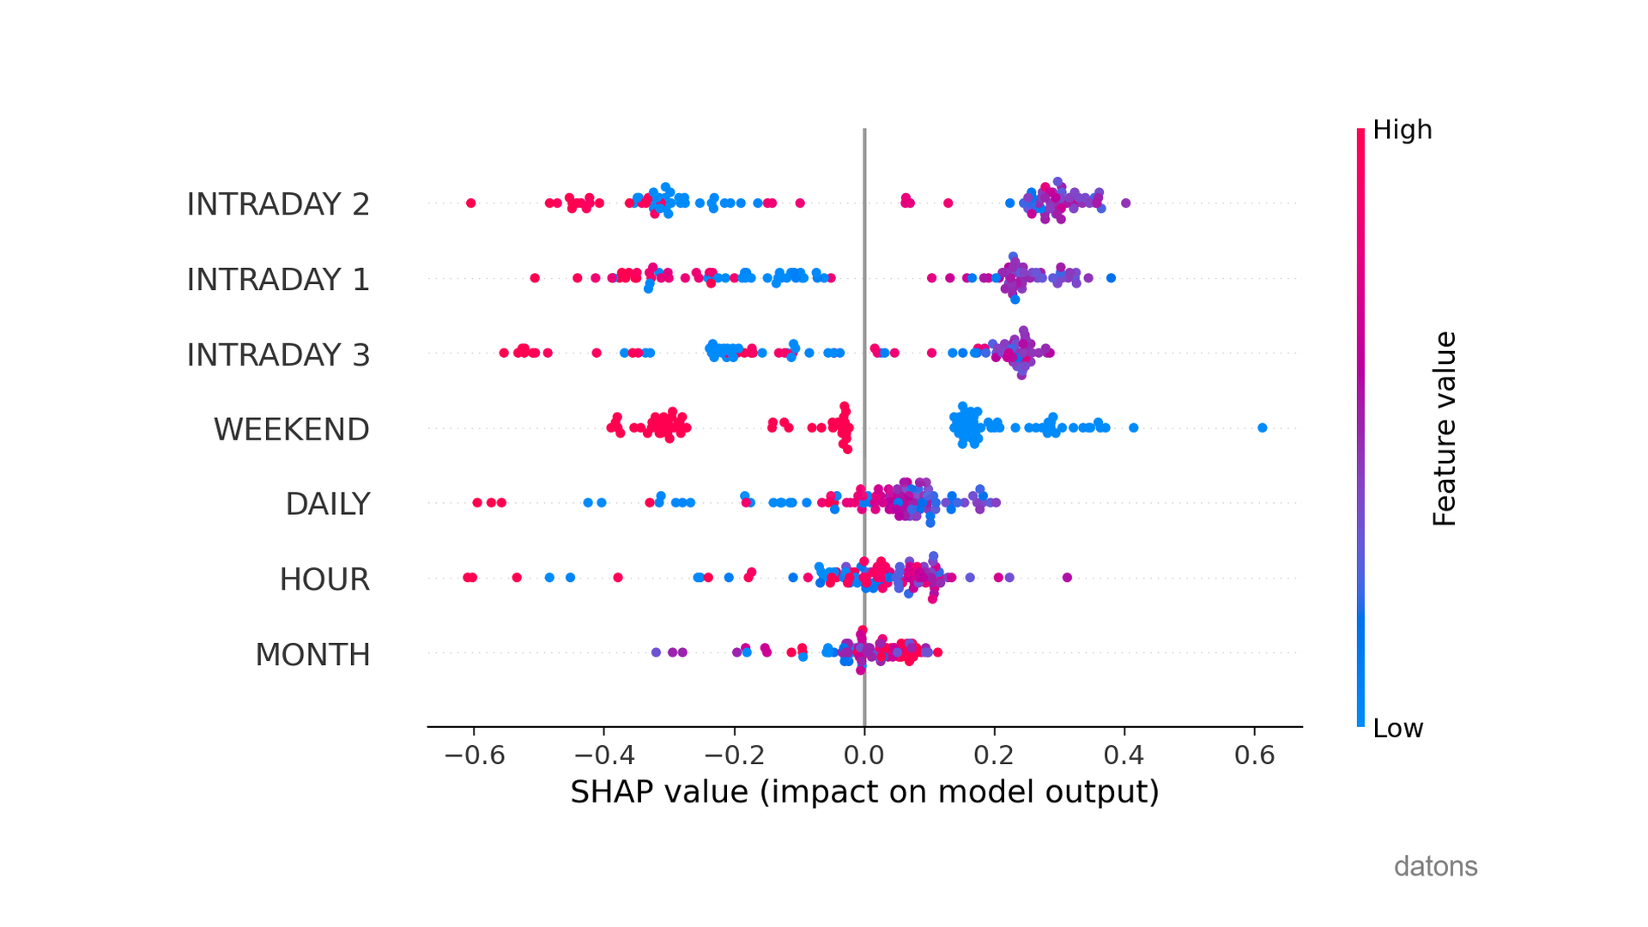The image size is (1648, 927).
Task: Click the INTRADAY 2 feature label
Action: tap(278, 204)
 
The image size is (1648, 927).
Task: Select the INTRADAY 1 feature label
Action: tap(278, 280)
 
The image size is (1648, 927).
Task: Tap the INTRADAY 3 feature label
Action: tap(278, 354)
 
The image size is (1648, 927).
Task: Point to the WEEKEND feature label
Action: tap(291, 429)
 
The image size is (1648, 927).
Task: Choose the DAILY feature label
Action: tap(327, 504)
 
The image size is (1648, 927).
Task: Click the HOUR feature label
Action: tap(324, 579)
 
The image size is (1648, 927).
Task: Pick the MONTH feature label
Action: tap(312, 655)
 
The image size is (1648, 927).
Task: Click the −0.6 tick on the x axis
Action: tap(474, 755)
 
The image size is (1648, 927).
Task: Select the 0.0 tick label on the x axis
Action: tap(863, 755)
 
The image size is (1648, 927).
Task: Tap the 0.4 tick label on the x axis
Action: tap(1124, 755)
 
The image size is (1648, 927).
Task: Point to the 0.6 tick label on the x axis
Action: tap(1255, 755)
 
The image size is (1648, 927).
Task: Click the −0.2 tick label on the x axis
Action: tap(734, 755)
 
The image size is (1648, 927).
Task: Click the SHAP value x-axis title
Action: tap(864, 791)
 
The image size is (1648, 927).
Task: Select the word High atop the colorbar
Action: tap(1402, 130)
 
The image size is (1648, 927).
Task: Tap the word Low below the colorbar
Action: tap(1397, 728)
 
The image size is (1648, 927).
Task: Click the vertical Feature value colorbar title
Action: tap(1445, 428)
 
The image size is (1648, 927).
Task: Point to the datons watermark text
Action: tap(1435, 866)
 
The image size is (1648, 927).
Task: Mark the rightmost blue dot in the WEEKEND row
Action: tap(1262, 427)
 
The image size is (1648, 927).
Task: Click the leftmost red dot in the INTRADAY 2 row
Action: tap(470, 203)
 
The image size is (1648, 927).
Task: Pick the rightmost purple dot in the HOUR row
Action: tap(1067, 578)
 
